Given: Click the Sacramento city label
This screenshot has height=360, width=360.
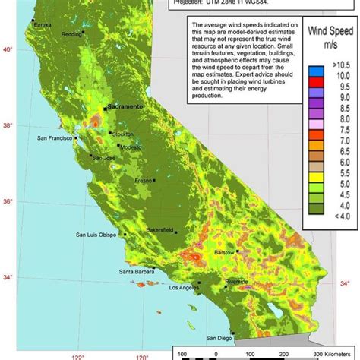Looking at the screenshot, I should (x=130, y=108).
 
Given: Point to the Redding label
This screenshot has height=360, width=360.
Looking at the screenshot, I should (x=72, y=35).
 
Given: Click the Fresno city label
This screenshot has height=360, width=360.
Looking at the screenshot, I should (x=142, y=180).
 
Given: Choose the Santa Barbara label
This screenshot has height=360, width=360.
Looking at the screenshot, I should (x=137, y=271).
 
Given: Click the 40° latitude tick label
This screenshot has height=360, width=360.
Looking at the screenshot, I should (x=9, y=49).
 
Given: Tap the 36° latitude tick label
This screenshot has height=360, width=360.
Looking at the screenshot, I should (x=9, y=201).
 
